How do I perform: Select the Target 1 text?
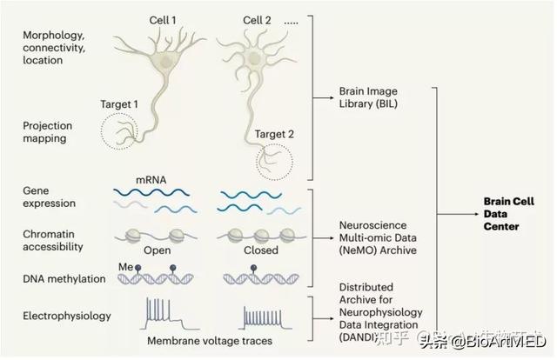[119, 105]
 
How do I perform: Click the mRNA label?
[150, 182]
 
